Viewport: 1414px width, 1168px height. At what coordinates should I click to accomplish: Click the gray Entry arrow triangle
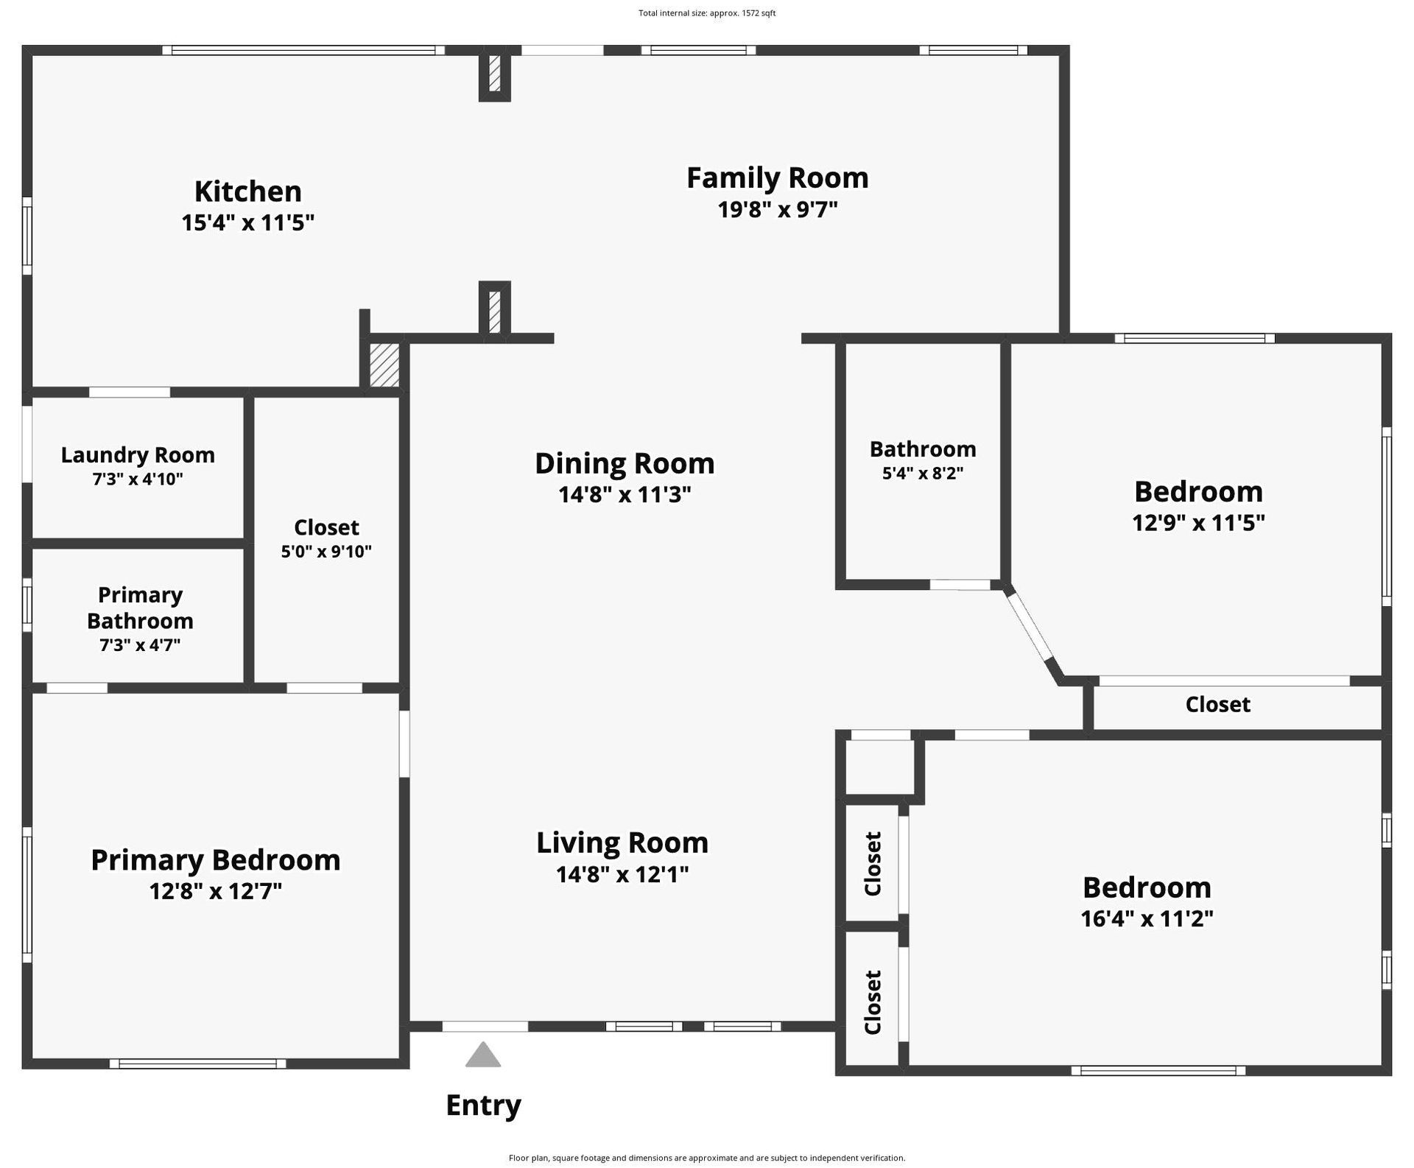pyautogui.click(x=483, y=1056)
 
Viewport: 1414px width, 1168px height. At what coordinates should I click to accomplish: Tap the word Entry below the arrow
pyautogui.click(x=483, y=1105)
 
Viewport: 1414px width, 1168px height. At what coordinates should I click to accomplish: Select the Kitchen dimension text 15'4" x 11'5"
pyautogui.click(x=247, y=222)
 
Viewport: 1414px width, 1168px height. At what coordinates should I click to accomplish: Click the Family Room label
pyautogui.click(x=777, y=177)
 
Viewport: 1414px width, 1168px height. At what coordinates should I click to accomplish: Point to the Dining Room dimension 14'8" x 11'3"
pyautogui.click(x=624, y=494)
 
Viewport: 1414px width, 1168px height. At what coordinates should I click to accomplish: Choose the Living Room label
pyautogui.click(x=622, y=842)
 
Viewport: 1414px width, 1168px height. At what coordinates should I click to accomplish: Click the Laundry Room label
pyautogui.click(x=138, y=455)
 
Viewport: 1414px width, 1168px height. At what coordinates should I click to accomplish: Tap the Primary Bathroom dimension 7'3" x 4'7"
pyautogui.click(x=140, y=645)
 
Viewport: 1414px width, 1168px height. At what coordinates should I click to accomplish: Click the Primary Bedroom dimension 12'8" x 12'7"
pyautogui.click(x=215, y=891)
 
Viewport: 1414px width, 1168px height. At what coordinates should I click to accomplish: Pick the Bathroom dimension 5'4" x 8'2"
pyautogui.click(x=922, y=473)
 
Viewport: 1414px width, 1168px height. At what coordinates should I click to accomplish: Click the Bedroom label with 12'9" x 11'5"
pyautogui.click(x=1198, y=491)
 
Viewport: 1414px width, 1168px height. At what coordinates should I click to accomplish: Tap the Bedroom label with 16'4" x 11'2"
pyautogui.click(x=1147, y=887)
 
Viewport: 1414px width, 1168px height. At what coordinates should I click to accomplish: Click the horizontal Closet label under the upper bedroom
pyautogui.click(x=1217, y=705)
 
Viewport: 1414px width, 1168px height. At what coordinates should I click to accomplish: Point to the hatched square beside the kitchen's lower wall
pyautogui.click(x=384, y=365)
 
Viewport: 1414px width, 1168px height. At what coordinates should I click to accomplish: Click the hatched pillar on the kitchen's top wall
pyautogui.click(x=495, y=74)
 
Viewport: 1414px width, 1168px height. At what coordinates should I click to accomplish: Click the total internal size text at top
pyautogui.click(x=706, y=13)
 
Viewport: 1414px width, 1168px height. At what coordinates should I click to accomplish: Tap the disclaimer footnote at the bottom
pyautogui.click(x=706, y=1158)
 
